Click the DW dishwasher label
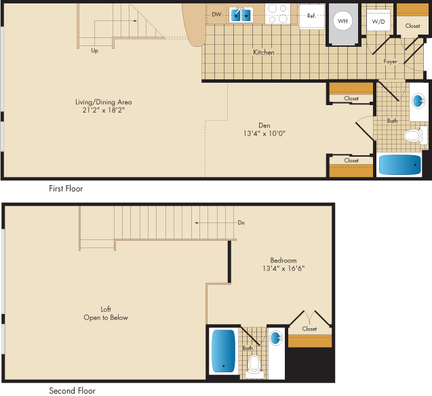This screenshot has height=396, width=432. coord(216,14)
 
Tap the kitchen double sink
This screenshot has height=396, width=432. coord(241,15)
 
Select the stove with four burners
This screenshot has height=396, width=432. coord(277,14)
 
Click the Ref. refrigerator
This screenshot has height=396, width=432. coord(312,16)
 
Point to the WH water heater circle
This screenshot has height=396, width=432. coord(342,21)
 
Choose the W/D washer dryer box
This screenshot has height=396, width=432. coord(378,20)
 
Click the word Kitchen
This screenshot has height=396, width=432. coord(264,52)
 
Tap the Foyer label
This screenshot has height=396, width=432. coord(390,62)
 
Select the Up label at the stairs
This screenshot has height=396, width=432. coord(94,51)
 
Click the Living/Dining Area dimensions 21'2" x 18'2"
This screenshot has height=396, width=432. coord(104,110)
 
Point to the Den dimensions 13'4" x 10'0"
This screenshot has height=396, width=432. coord(264,134)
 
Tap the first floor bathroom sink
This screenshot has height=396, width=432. coord(418,100)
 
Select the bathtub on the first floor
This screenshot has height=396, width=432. coord(400,165)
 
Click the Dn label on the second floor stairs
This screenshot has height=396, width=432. coord(241,222)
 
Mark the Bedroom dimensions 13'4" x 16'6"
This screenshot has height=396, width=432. coord(283,269)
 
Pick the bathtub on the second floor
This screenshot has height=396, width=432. coord(223,351)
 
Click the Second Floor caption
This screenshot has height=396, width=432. coord(72,391)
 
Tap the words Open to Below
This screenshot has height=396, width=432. coord(106,317)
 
